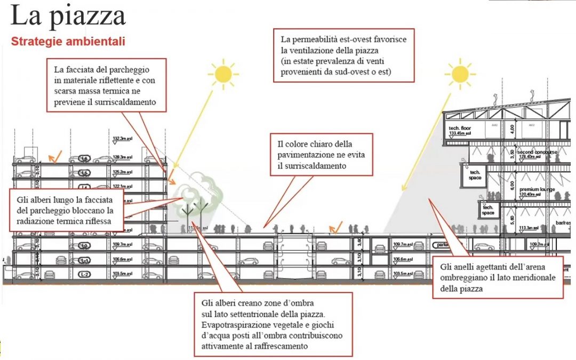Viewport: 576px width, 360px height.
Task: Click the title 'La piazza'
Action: point(68,16)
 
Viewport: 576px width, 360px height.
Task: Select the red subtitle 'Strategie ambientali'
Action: point(68,42)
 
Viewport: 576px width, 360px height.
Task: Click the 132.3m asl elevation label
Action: point(123,139)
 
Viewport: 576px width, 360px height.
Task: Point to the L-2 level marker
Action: point(84,274)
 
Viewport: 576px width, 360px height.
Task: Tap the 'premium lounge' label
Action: point(538,189)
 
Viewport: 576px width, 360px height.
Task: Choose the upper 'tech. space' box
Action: point(475,174)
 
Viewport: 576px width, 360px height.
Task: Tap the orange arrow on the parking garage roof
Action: point(54,156)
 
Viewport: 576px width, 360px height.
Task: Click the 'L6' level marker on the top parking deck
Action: point(84,159)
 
